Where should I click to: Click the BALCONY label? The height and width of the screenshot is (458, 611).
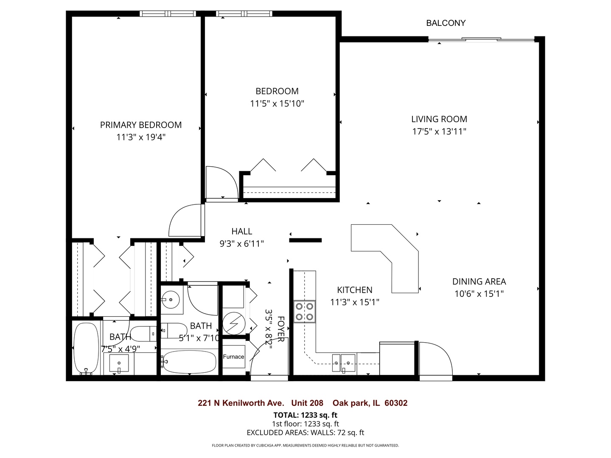(446, 23)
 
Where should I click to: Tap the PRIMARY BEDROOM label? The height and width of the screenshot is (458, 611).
(141, 125)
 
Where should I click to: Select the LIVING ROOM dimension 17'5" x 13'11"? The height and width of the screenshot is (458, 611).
(439, 131)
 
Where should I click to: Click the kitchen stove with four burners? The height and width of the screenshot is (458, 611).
(305, 312)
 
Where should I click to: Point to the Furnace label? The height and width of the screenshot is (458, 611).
(234, 357)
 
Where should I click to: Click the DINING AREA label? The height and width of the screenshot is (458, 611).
(479, 282)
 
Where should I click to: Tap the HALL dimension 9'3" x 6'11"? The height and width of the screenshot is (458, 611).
(241, 244)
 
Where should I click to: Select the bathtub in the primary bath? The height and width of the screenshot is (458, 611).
(86, 348)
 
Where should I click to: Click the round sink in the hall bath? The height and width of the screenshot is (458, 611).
(171, 300)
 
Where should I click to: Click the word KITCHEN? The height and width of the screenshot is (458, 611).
(355, 290)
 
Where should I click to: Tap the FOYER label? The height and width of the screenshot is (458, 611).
(281, 329)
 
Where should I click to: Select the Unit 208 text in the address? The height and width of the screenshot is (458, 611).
(307, 403)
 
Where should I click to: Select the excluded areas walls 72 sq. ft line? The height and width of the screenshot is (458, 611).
(305, 433)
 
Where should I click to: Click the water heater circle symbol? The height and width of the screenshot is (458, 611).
(234, 323)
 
